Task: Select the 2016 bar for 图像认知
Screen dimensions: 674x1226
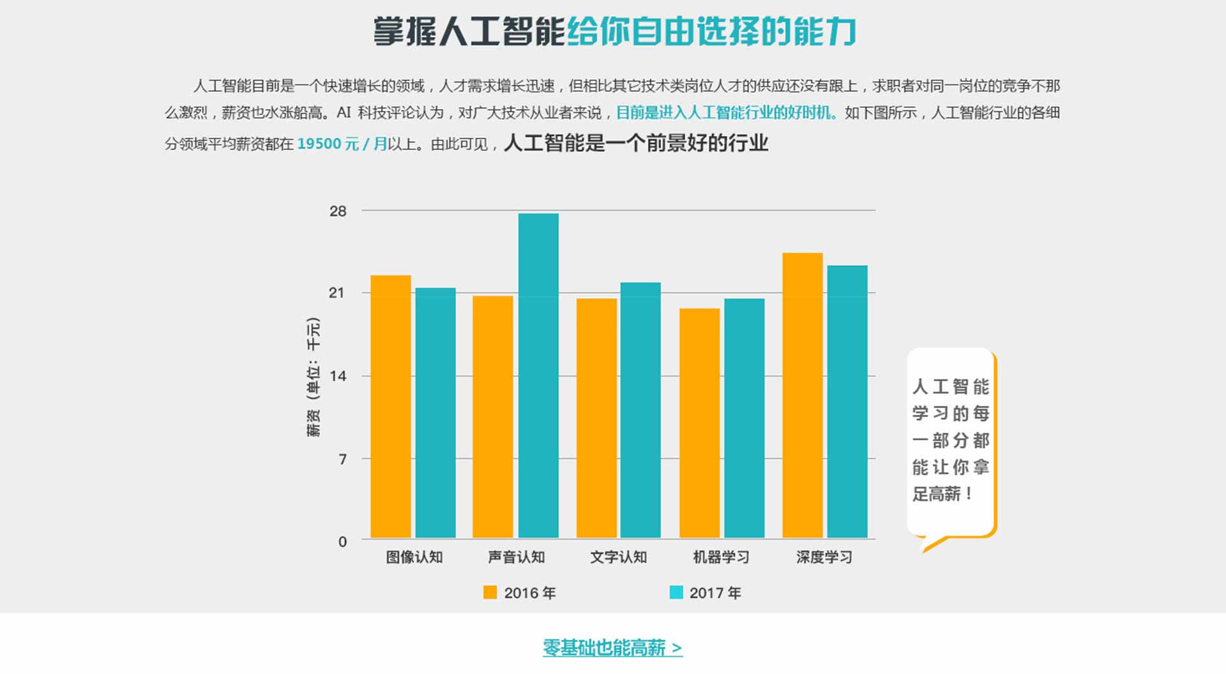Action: point(391,406)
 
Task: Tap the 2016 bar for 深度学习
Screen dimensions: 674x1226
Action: point(803,395)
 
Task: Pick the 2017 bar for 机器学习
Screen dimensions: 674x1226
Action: point(744,418)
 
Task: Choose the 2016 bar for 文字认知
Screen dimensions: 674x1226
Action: point(596,418)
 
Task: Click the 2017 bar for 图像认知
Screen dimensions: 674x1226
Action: point(435,412)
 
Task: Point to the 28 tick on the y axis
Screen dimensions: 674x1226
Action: point(338,211)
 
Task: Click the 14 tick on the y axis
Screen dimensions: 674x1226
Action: point(338,376)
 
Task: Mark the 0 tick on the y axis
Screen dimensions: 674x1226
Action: point(342,542)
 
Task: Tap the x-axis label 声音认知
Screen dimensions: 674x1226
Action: point(516,557)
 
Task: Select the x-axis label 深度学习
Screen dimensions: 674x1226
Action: point(824,557)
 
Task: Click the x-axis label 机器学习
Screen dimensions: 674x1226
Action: point(721,557)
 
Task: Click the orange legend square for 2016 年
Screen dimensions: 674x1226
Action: point(490,592)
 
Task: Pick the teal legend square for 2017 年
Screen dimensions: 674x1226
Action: point(676,592)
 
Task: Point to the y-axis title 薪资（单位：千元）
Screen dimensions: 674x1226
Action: point(314,377)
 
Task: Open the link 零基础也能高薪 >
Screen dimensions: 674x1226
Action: point(612,648)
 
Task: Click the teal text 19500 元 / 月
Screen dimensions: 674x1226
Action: point(342,144)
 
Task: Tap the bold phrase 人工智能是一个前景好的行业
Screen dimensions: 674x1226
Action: point(636,143)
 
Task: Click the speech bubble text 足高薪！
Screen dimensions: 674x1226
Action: point(942,494)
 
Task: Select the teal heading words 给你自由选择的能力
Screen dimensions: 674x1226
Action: point(711,31)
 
